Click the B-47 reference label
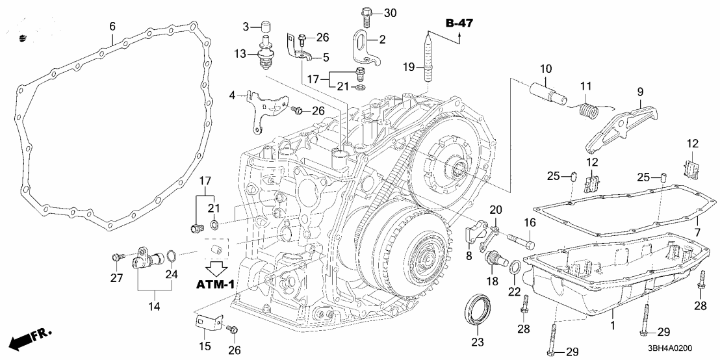pyautogui.click(x=459, y=24)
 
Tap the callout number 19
pyautogui.click(x=407, y=67)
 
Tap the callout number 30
pyautogui.click(x=389, y=12)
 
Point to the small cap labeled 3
pyautogui.click(x=265, y=27)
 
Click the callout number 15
pyautogui.click(x=204, y=346)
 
